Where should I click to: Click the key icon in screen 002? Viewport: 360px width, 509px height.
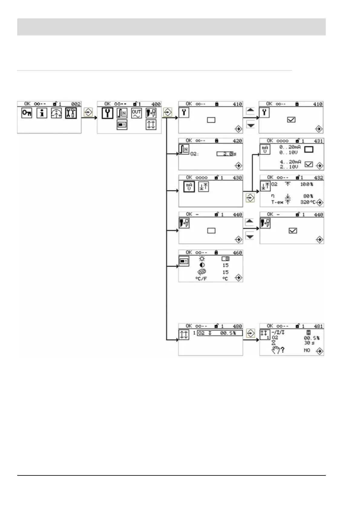(x=27, y=113)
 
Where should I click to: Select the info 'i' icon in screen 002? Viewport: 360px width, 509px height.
(x=42, y=113)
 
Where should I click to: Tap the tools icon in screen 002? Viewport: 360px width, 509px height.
(x=71, y=113)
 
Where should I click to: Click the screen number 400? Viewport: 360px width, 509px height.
(x=156, y=104)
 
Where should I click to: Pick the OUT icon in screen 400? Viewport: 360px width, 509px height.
(x=136, y=113)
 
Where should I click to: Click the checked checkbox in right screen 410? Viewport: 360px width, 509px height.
(x=291, y=120)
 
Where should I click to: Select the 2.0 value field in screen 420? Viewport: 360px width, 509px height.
(x=225, y=154)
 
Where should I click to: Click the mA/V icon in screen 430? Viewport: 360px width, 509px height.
(x=189, y=187)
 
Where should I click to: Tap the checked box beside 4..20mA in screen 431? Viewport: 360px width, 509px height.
(x=309, y=164)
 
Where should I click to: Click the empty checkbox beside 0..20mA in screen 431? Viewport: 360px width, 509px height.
(x=309, y=149)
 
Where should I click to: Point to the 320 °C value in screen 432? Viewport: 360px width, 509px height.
(x=308, y=202)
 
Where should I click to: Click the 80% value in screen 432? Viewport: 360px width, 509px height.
(x=308, y=196)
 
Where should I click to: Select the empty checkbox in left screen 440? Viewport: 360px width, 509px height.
(x=211, y=231)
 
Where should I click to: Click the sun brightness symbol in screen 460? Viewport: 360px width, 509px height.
(x=202, y=259)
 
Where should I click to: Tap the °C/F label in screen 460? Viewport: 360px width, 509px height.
(x=201, y=279)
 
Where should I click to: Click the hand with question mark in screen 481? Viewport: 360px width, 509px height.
(x=278, y=350)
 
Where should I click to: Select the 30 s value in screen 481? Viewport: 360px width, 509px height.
(x=309, y=343)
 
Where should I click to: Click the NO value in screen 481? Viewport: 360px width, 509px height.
(x=307, y=350)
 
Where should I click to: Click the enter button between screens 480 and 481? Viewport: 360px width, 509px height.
(x=250, y=333)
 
